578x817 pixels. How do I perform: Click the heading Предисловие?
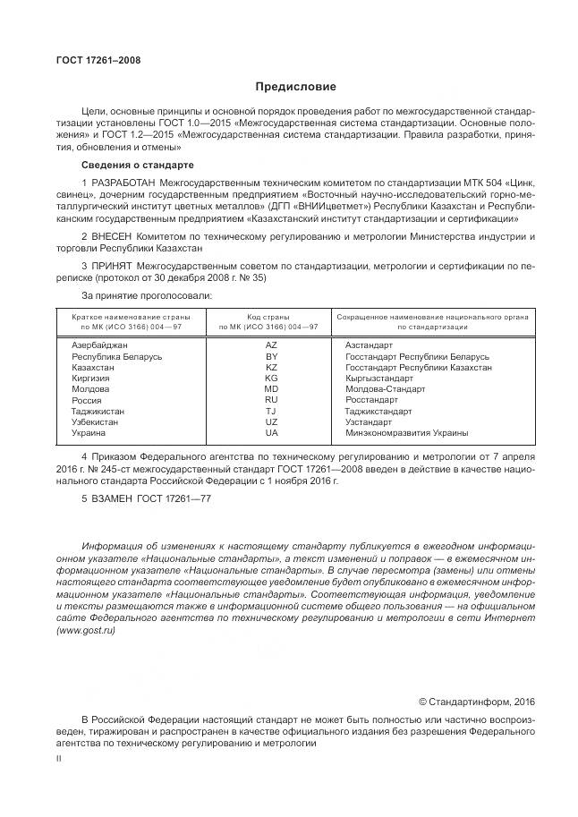[x=295, y=87]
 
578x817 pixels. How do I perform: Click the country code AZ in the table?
[x=271, y=344]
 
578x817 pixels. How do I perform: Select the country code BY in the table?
[x=271, y=355]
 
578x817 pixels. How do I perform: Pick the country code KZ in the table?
[x=271, y=367]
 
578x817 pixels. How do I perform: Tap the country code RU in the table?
[x=271, y=400]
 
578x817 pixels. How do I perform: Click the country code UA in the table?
[x=271, y=433]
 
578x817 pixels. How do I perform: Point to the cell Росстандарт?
[x=370, y=400]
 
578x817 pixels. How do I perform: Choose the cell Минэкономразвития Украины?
[x=406, y=433]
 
